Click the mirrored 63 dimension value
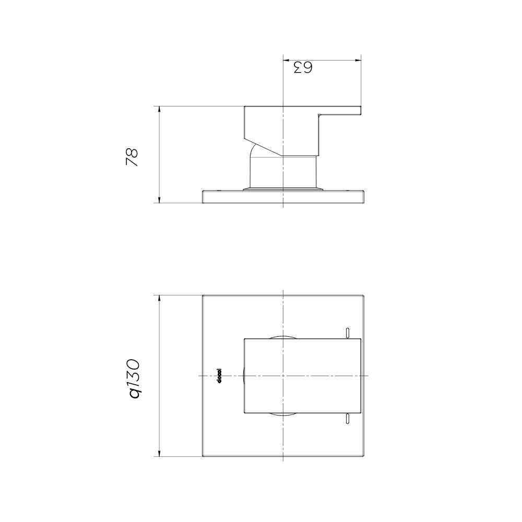click(x=302, y=67)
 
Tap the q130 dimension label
click(x=134, y=378)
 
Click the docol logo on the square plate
click(x=220, y=376)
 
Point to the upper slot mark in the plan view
click(x=347, y=332)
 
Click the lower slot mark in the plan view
click(x=347, y=419)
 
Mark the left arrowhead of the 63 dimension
click(x=286, y=61)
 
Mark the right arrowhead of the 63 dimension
click(x=359, y=61)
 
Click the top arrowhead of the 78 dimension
click(x=159, y=110)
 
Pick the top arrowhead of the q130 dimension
click(x=159, y=299)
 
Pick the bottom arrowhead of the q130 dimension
click(x=159, y=454)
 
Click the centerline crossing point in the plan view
click(x=282, y=376)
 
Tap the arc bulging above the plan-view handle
click(x=282, y=335)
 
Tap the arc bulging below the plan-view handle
click(x=282, y=415)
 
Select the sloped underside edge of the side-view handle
click(x=264, y=148)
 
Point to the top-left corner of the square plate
click(x=203, y=295)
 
